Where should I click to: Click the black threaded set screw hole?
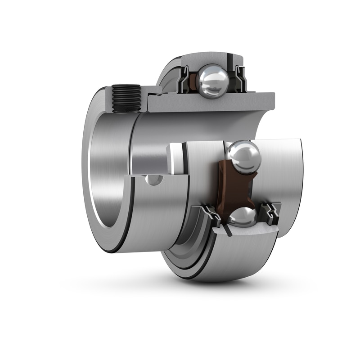point(126,98)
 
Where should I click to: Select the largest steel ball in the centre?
point(243,157)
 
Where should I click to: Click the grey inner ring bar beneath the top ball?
point(211,103)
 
